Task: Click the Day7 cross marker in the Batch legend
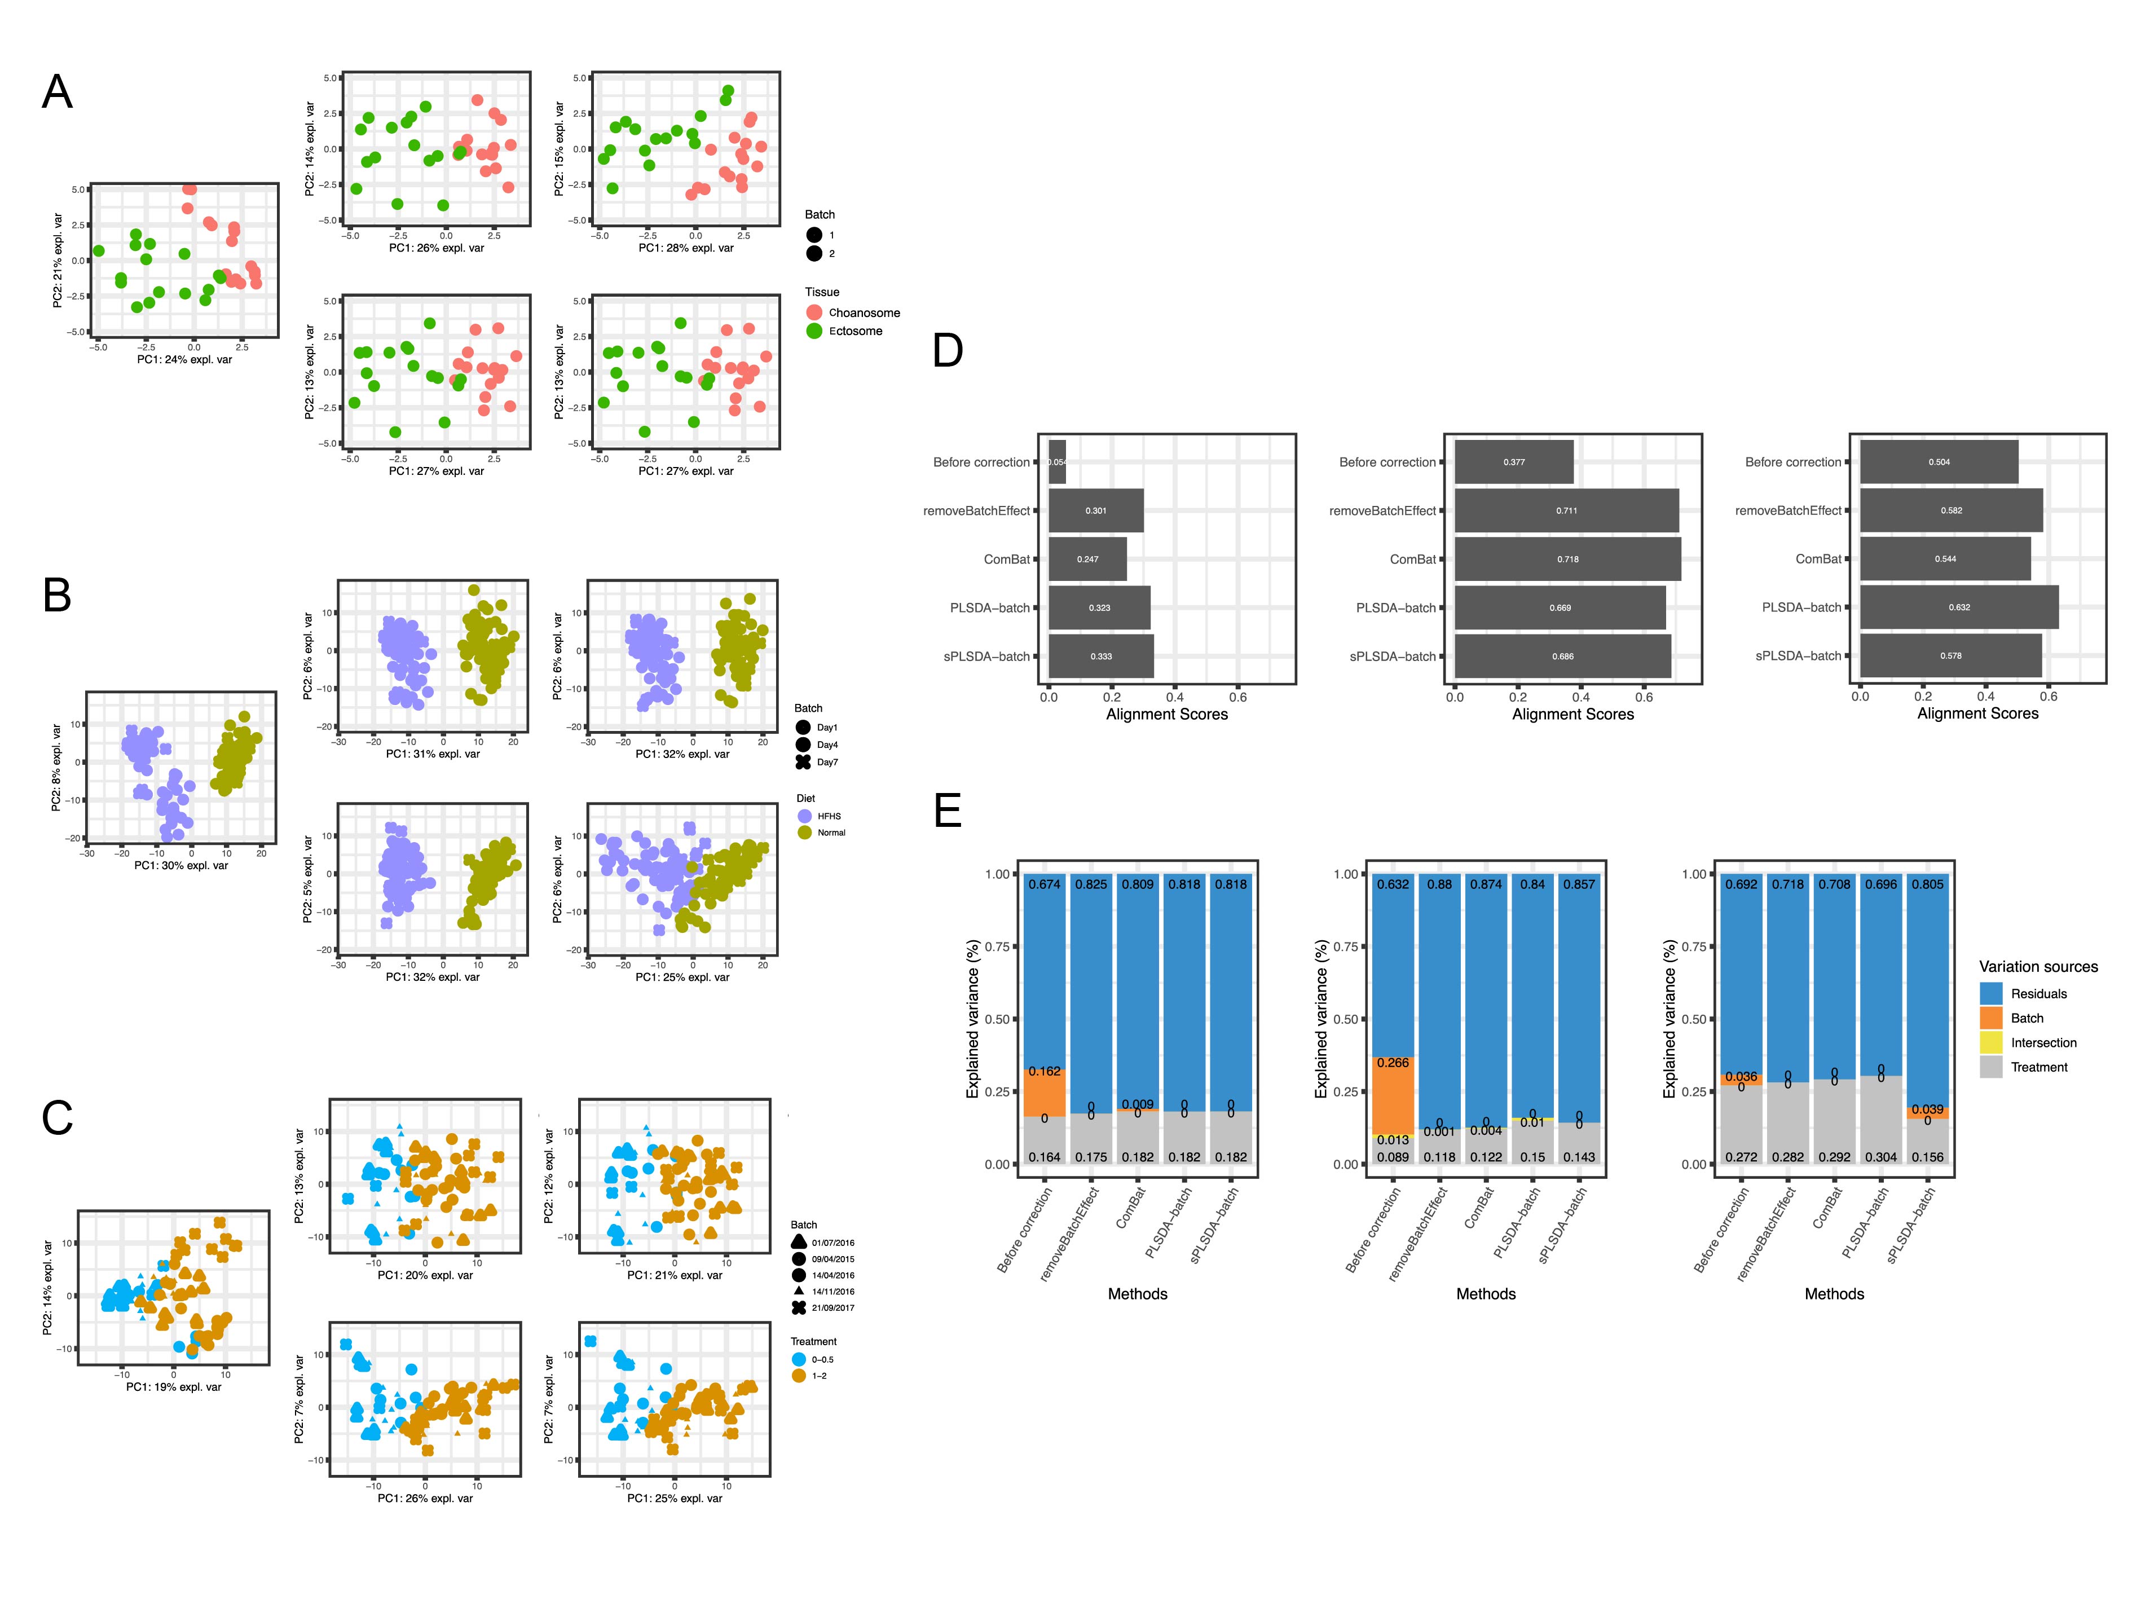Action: pyautogui.click(x=803, y=763)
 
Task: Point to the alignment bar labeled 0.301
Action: pyautogui.click(x=1096, y=511)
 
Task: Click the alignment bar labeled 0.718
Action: pyautogui.click(x=1567, y=559)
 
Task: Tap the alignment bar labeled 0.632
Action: pyautogui.click(x=1958, y=607)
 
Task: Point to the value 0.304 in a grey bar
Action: pyautogui.click(x=1880, y=1157)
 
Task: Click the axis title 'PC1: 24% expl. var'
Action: pyautogui.click(x=184, y=359)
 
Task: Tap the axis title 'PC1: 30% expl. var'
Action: pyautogui.click(x=181, y=866)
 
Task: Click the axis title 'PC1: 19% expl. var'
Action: pyautogui.click(x=174, y=1387)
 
